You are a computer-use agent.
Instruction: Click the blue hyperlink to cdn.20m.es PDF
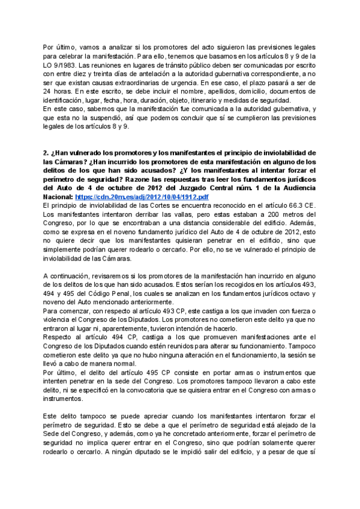[x=142, y=197]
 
